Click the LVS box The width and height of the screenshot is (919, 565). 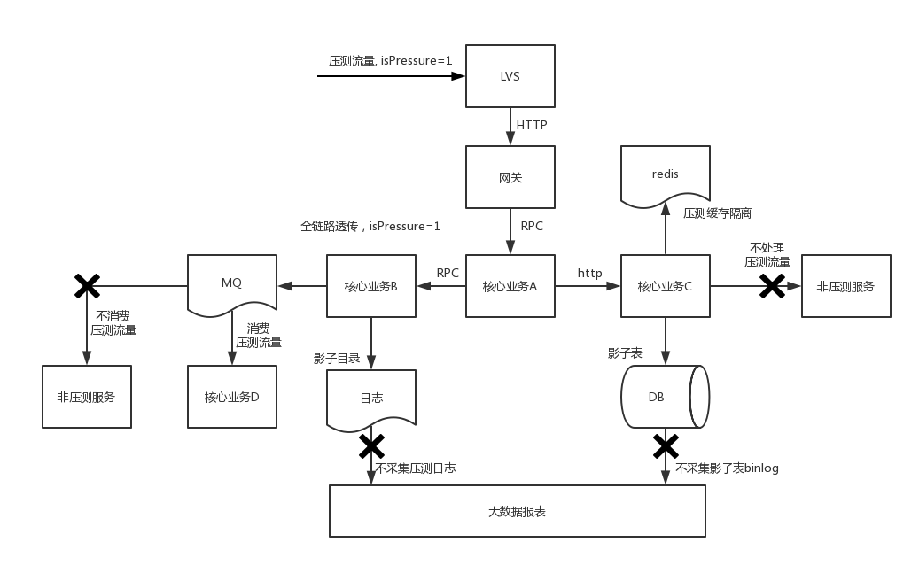click(510, 77)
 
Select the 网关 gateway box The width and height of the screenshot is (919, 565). click(510, 178)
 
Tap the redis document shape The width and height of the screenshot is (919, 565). click(665, 175)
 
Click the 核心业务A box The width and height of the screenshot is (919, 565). click(510, 286)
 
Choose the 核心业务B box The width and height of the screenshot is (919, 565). click(370, 286)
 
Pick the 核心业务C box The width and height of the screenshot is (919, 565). click(665, 286)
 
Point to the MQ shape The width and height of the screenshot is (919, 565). click(231, 283)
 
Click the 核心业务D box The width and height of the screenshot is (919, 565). click(231, 397)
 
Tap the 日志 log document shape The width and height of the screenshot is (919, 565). click(370, 399)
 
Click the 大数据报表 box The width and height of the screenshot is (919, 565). click(517, 511)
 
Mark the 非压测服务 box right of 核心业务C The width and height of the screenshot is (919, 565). click(845, 286)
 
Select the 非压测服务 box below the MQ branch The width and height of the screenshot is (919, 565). click(86, 397)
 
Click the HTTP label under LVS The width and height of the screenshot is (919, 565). click(532, 126)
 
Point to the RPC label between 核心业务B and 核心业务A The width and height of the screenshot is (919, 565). click(448, 273)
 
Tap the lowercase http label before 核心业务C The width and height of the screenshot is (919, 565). click(590, 273)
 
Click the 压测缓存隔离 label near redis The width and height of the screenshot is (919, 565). click(718, 213)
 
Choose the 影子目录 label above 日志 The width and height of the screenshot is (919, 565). click(337, 359)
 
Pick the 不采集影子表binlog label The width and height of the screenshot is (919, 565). click(727, 468)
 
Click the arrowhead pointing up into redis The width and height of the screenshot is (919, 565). click(665, 207)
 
